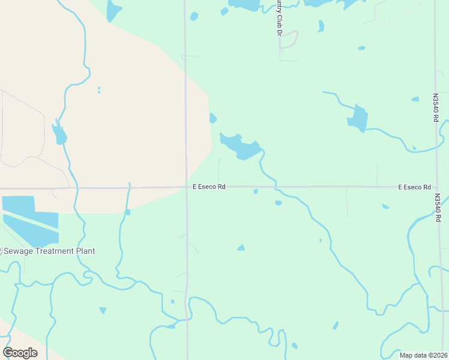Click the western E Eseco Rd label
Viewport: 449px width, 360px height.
(209, 187)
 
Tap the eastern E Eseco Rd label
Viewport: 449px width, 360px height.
(415, 187)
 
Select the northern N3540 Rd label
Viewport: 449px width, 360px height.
(436, 107)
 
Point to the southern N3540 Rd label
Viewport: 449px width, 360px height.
(438, 208)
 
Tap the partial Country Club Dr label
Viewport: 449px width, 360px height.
(279, 17)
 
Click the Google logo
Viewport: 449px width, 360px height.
(20, 353)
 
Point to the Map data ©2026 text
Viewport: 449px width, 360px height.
(424, 355)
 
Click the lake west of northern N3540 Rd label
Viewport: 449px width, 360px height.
(357, 118)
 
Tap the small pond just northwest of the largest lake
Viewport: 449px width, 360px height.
(212, 118)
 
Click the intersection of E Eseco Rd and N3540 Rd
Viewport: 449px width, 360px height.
(436, 187)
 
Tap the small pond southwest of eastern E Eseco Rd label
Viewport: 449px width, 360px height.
(385, 207)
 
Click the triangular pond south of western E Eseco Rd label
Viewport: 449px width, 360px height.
(241, 247)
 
